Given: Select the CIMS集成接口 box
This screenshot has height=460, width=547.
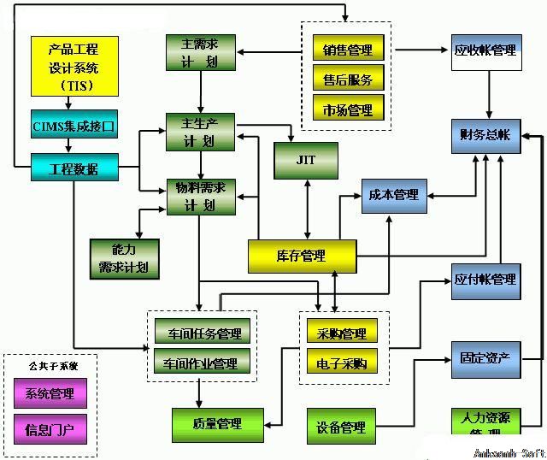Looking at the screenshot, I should click(x=74, y=127).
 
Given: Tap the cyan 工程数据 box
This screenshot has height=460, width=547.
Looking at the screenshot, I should click(x=74, y=168).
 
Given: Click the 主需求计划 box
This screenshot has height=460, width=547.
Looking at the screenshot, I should click(x=199, y=52).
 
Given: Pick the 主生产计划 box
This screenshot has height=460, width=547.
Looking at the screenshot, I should click(x=199, y=132).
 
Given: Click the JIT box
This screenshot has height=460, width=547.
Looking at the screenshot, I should click(x=306, y=160).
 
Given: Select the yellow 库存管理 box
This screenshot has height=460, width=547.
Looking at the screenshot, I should click(x=301, y=256).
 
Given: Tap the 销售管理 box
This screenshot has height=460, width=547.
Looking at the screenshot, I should click(x=348, y=50).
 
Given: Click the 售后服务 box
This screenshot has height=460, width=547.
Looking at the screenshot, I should click(x=348, y=80).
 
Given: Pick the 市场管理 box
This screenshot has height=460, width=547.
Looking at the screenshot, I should click(x=348, y=110).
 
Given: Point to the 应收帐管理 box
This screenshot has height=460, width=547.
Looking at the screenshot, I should click(x=485, y=51).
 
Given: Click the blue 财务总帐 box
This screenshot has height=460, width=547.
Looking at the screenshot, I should click(x=485, y=135).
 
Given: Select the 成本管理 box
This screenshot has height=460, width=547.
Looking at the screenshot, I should click(x=393, y=195).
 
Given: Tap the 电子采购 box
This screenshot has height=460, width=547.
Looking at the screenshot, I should click(x=342, y=363).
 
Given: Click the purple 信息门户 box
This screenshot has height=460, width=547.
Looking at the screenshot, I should click(x=50, y=428).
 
